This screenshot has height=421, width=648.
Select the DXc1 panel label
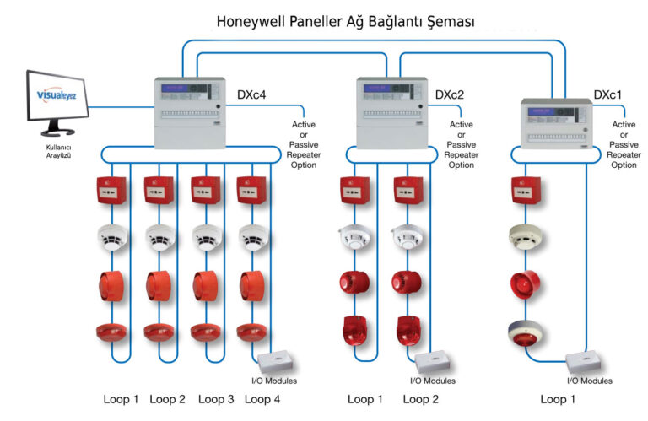pos(607,96)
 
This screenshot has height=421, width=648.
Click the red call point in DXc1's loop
pos(526,190)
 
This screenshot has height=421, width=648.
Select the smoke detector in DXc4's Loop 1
pos(111,237)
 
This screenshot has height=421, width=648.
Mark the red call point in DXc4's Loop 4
pos(253,190)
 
